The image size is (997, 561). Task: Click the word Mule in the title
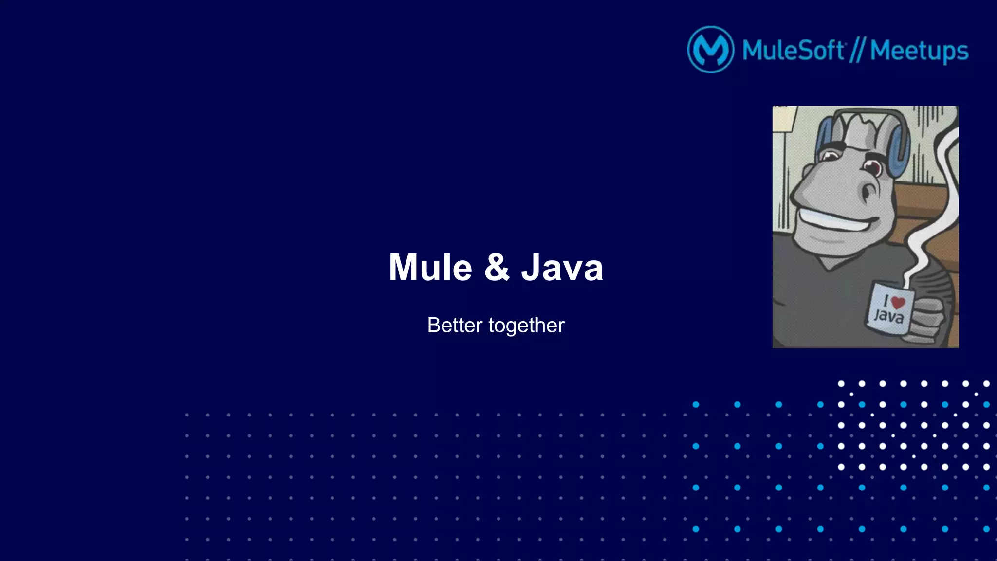click(430, 268)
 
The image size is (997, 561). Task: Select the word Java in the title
click(562, 268)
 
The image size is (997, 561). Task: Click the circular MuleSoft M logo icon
click(710, 50)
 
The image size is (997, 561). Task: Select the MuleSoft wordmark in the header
click(793, 50)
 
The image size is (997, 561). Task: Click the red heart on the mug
click(898, 302)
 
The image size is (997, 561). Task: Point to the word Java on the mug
click(889, 316)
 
